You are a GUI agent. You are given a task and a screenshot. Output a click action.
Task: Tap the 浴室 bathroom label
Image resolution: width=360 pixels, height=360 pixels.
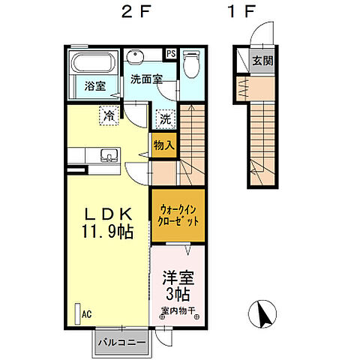pyautogui.click(x=94, y=86)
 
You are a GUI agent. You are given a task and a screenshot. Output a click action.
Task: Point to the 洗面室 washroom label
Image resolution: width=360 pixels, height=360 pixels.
pyautogui.click(x=147, y=79)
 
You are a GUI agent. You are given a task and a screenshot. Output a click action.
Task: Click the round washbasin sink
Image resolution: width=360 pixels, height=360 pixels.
pyautogui.click(x=136, y=59)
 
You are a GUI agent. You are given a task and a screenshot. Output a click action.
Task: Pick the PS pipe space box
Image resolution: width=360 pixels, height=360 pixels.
pyautogui.click(x=171, y=54)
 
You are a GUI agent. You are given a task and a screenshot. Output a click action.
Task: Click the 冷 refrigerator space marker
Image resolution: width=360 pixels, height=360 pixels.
pyautogui.click(x=109, y=116)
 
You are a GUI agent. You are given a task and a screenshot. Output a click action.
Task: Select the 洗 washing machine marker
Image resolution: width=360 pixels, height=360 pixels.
pyautogui.click(x=164, y=118)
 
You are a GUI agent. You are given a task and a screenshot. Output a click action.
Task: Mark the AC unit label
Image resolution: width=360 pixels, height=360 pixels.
pyautogui.click(x=86, y=314)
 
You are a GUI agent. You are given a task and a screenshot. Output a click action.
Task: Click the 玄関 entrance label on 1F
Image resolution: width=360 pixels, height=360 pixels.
pyautogui.click(x=262, y=61)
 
